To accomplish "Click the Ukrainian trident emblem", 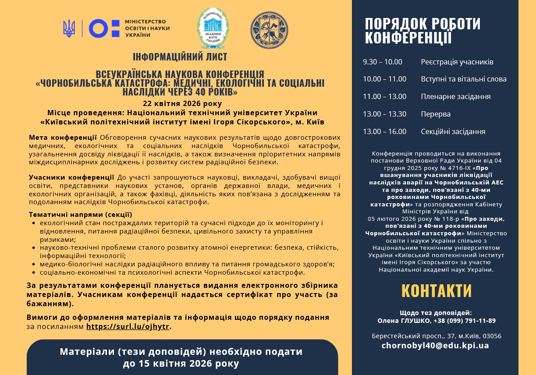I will pos(69,28).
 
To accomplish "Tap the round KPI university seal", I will pos(269,30).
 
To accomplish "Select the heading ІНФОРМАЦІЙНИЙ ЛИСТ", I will pos(180,57).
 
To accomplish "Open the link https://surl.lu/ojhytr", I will pos(128,326).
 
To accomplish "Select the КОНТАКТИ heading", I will pos(437,291).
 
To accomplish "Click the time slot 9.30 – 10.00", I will pos(383,62).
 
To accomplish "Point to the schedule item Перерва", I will pos(436,114).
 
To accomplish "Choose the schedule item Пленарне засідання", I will pos(456,96).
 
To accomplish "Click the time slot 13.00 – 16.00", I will pos(385,131).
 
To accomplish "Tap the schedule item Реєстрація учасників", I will pos(457,62).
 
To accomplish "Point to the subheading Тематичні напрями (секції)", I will pos(80,215).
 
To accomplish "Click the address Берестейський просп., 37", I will pos(412,336).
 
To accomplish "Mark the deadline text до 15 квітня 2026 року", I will pos(181,364).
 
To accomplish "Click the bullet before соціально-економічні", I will pos(35,272).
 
